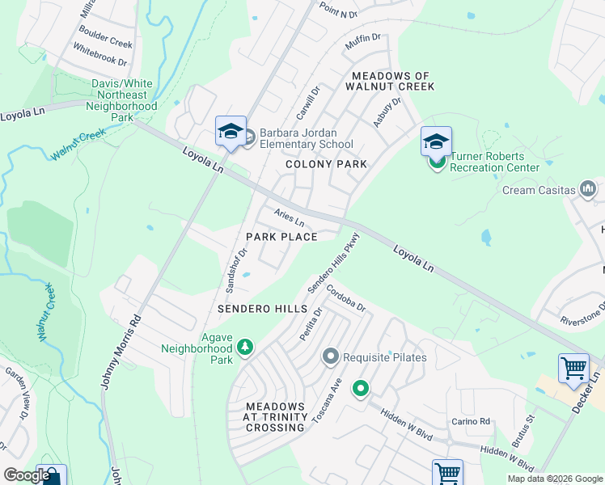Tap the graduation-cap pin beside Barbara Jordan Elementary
[x=231, y=132]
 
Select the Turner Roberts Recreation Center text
[x=494, y=162]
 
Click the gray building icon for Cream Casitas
[x=588, y=190]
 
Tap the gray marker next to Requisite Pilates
[x=330, y=356]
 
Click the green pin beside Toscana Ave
[x=360, y=390]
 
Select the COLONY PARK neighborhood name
[x=326, y=164]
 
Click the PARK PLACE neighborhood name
[x=281, y=237]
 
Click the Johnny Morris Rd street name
[x=121, y=352]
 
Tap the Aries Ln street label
[x=289, y=218]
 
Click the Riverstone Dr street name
[x=582, y=313]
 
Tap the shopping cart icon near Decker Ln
[x=573, y=368]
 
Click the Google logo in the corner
[x=27, y=475]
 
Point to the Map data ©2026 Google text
[x=554, y=479]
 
